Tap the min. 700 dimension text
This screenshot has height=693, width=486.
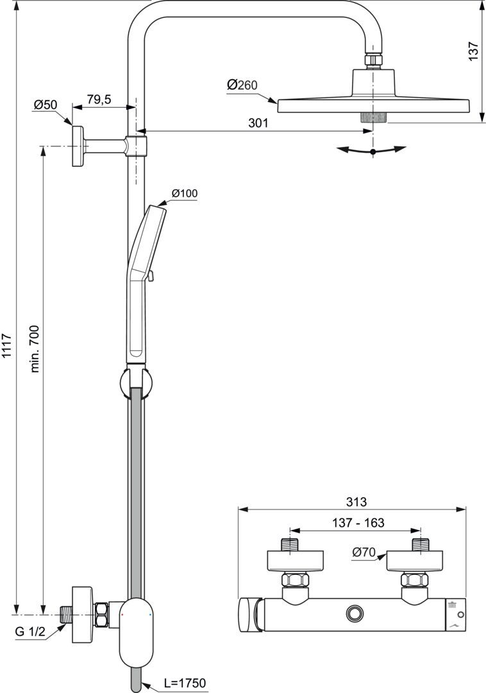35,348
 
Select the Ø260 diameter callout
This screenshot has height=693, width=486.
242,85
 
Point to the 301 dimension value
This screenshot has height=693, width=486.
258,123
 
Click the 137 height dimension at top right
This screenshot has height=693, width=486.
473,51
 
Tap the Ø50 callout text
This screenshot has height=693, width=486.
46,104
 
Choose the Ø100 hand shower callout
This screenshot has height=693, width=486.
185,193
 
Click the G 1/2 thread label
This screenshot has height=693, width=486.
30,631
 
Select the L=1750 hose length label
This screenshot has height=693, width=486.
182,683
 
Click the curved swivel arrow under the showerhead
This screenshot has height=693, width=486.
373,150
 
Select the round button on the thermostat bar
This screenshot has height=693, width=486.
353,613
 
